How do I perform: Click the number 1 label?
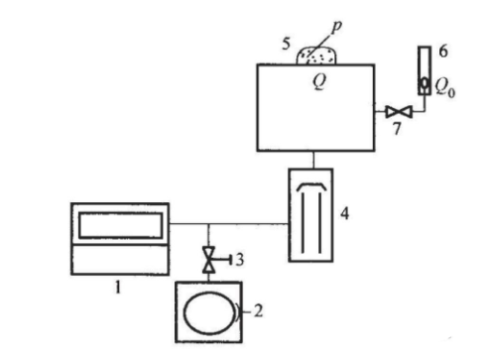[x=118, y=288]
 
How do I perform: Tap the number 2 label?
[x=259, y=311]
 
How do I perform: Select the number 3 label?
[x=240, y=260]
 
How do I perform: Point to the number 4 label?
[x=344, y=213]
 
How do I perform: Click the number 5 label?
[x=287, y=44]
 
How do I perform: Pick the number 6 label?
[x=443, y=52]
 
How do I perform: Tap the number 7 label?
[x=397, y=128]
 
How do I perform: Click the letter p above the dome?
[x=336, y=27]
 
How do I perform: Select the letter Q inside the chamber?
[x=319, y=81]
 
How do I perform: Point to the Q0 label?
[x=445, y=87]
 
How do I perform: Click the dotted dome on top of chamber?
[x=317, y=56]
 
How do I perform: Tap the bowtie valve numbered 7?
[x=399, y=112]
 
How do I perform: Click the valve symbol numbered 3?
[x=208, y=260]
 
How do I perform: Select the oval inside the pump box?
[x=209, y=312]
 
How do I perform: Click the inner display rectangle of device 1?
[x=121, y=225]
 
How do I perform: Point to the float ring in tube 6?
[x=425, y=83]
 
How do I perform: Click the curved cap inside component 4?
[x=311, y=186]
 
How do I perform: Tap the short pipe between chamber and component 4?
[x=313, y=160]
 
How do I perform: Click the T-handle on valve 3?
[x=225, y=260]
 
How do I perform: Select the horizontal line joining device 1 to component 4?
[x=229, y=224]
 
